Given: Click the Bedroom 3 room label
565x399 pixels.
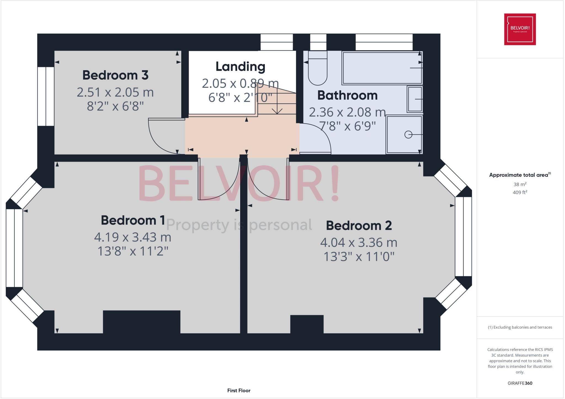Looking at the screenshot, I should [x=115, y=75].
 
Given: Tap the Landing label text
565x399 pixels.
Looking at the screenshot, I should [x=240, y=66].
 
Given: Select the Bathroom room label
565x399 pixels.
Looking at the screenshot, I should [x=347, y=95].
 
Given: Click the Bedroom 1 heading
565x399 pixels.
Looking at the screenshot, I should [x=133, y=220].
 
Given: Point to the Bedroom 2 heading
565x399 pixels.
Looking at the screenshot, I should [x=359, y=226].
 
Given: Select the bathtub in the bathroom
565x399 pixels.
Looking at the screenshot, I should [x=382, y=68].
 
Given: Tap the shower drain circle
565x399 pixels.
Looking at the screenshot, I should [x=408, y=135].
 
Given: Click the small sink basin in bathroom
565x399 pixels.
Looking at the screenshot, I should [x=415, y=99].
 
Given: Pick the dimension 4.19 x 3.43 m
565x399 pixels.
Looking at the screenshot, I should [x=133, y=237].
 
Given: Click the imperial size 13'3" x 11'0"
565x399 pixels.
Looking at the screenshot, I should [x=359, y=257].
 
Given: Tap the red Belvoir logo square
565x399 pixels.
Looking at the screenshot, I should [x=520, y=29].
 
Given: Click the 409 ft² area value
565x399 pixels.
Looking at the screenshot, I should [x=520, y=192].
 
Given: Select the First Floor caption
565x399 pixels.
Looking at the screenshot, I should [x=239, y=390].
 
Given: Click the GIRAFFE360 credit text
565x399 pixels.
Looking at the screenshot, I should [x=520, y=383].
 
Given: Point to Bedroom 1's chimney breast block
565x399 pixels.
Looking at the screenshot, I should [x=142, y=322].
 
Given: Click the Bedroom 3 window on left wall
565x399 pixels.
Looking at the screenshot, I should [x=46, y=96].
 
